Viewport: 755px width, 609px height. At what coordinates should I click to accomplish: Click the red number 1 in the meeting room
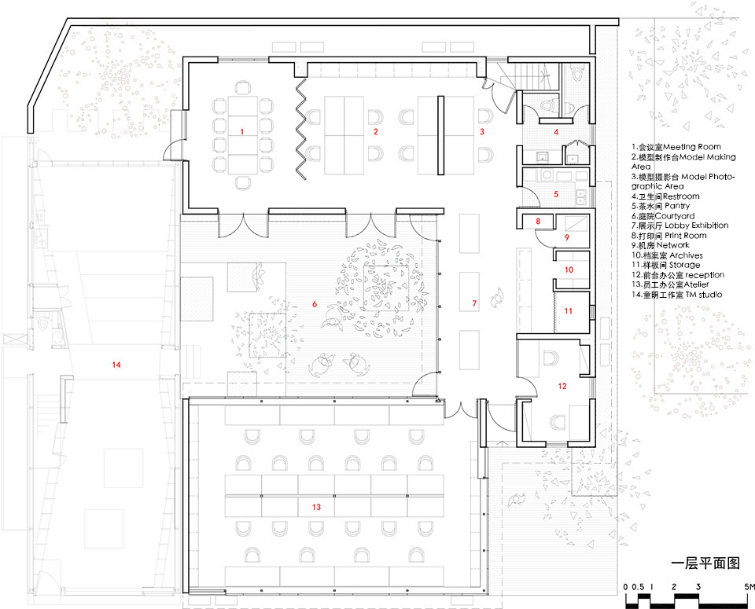click(242, 131)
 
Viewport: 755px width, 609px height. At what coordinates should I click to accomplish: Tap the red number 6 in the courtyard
click(315, 304)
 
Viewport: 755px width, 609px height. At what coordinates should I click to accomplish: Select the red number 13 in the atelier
click(316, 507)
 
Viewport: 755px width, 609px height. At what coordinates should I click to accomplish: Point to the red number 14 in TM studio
click(116, 365)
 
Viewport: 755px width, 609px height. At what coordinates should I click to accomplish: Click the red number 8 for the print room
click(538, 222)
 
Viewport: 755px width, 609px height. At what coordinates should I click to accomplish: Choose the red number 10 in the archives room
click(569, 270)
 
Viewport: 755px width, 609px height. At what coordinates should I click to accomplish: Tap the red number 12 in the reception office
click(562, 386)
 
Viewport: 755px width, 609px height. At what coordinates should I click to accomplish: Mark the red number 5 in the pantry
click(556, 194)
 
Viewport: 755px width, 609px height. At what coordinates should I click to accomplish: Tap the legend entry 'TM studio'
click(703, 295)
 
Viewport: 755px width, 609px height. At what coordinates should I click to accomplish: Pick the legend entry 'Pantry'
click(677, 207)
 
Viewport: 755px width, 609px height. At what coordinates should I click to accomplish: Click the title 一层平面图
click(705, 563)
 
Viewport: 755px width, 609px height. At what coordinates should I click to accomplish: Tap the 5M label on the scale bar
click(749, 587)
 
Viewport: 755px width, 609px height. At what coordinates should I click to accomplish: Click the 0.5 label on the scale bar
click(638, 587)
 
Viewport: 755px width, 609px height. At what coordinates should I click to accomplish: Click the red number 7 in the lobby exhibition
click(474, 303)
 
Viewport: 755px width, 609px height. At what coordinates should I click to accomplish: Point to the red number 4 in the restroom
click(556, 131)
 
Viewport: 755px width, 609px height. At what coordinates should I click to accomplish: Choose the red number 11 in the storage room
click(568, 311)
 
